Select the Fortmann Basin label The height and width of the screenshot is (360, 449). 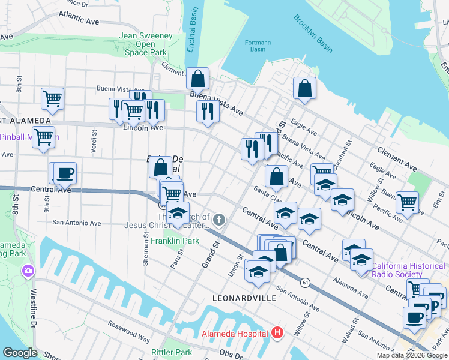[258, 46]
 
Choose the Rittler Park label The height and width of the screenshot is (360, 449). [172, 352]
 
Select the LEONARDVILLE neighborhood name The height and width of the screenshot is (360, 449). [244, 298]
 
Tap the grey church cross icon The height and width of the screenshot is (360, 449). [219, 220]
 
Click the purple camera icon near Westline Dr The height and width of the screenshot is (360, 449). [28, 272]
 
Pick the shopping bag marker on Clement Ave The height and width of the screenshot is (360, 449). [197, 78]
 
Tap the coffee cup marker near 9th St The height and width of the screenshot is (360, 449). [65, 173]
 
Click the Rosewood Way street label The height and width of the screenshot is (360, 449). [129, 331]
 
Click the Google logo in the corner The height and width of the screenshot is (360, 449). [20, 353]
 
